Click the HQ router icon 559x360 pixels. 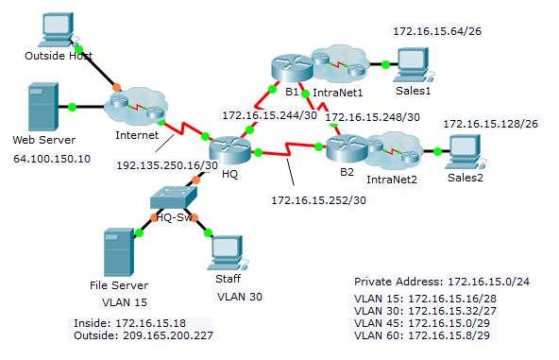coord(228,152)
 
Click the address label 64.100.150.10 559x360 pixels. coord(52,159)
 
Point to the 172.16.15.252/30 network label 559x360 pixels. coord(318,199)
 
